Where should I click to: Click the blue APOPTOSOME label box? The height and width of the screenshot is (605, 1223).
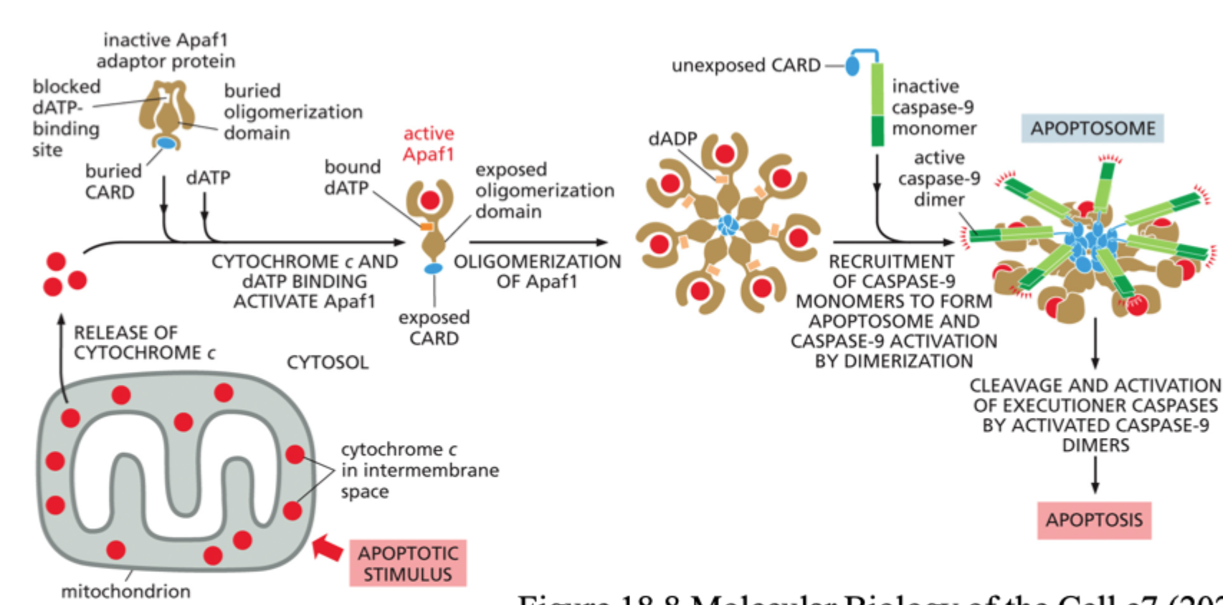(1092, 128)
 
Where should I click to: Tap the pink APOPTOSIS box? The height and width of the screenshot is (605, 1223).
(1094, 520)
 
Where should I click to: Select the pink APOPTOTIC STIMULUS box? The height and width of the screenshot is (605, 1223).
(408, 563)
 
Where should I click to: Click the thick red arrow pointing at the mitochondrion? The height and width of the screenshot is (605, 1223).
(328, 548)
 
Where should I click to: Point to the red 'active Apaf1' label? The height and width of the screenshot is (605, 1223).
(429, 144)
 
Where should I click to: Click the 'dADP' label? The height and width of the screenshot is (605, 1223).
(672, 139)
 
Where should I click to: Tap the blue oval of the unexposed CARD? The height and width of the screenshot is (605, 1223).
(852, 66)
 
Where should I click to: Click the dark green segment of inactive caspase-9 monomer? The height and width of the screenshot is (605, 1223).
(877, 130)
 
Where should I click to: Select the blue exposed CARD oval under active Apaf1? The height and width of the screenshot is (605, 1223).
(433, 269)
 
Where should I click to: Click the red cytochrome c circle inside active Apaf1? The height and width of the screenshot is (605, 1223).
(430, 200)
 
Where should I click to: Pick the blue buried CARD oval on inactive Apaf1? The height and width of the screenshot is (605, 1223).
(166, 143)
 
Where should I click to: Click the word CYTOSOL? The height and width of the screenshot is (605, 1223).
(328, 363)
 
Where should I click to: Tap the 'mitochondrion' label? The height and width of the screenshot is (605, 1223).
(125, 591)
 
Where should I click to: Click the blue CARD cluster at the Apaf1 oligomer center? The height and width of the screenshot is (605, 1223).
(728, 225)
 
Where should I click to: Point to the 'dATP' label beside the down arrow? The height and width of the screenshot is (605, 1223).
(208, 178)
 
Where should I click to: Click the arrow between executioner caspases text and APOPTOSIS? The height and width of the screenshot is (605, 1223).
(1095, 475)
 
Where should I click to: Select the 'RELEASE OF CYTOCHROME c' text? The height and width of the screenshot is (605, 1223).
(143, 343)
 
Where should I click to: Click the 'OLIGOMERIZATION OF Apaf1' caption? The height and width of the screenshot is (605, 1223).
(537, 271)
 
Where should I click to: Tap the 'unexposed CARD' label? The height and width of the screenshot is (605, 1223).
(746, 65)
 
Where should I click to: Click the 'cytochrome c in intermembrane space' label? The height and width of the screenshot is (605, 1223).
(419, 470)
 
